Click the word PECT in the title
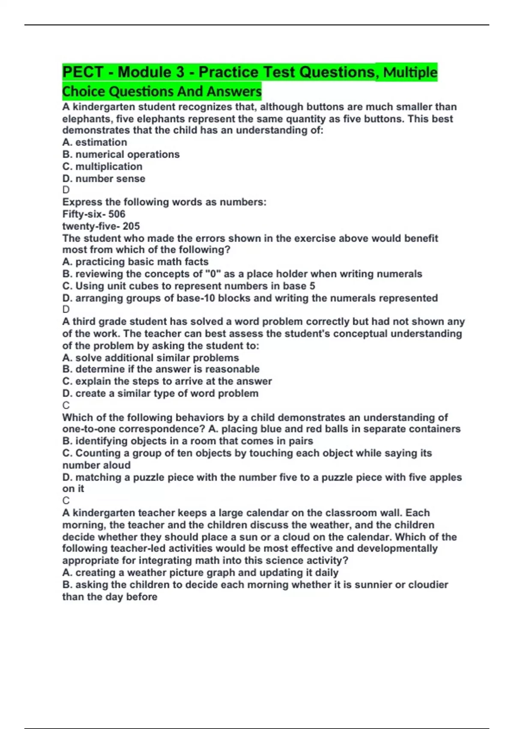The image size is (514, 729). click(83, 72)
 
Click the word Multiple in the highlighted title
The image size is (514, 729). click(410, 72)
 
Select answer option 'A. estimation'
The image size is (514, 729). click(95, 142)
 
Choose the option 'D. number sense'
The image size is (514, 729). click(104, 179)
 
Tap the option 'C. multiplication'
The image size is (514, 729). click(102, 166)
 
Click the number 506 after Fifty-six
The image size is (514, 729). click(117, 214)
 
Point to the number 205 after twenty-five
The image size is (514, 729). click(131, 226)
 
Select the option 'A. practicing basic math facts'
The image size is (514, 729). click(135, 262)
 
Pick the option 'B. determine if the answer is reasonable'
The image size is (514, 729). click(161, 369)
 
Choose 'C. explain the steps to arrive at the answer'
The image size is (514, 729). click(167, 381)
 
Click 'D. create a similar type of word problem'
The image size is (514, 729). click(160, 394)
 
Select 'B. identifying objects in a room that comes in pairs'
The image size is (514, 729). click(188, 441)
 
